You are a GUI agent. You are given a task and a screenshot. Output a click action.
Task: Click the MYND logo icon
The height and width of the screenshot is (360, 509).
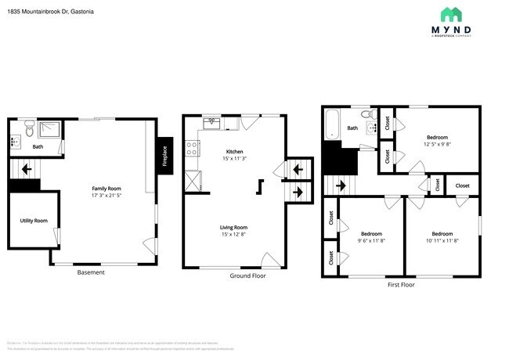450,14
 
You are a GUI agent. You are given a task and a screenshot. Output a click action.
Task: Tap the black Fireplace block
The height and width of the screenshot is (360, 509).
164,157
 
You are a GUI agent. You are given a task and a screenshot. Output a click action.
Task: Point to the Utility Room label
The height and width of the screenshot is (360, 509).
34,221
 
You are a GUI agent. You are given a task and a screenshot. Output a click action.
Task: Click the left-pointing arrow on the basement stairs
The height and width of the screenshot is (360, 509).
27,167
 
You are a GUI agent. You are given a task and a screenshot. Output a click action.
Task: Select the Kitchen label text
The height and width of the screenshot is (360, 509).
234,151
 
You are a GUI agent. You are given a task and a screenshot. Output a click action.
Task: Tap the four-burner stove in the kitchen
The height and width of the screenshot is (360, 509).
190,148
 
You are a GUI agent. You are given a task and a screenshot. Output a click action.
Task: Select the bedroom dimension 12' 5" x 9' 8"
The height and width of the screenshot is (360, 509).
437,144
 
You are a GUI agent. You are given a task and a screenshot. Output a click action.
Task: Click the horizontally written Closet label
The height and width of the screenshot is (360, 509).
463,185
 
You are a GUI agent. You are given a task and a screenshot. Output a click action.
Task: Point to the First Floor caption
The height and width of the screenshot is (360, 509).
401,285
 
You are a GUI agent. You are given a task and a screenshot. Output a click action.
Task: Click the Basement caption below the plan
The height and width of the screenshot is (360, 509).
91,272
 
